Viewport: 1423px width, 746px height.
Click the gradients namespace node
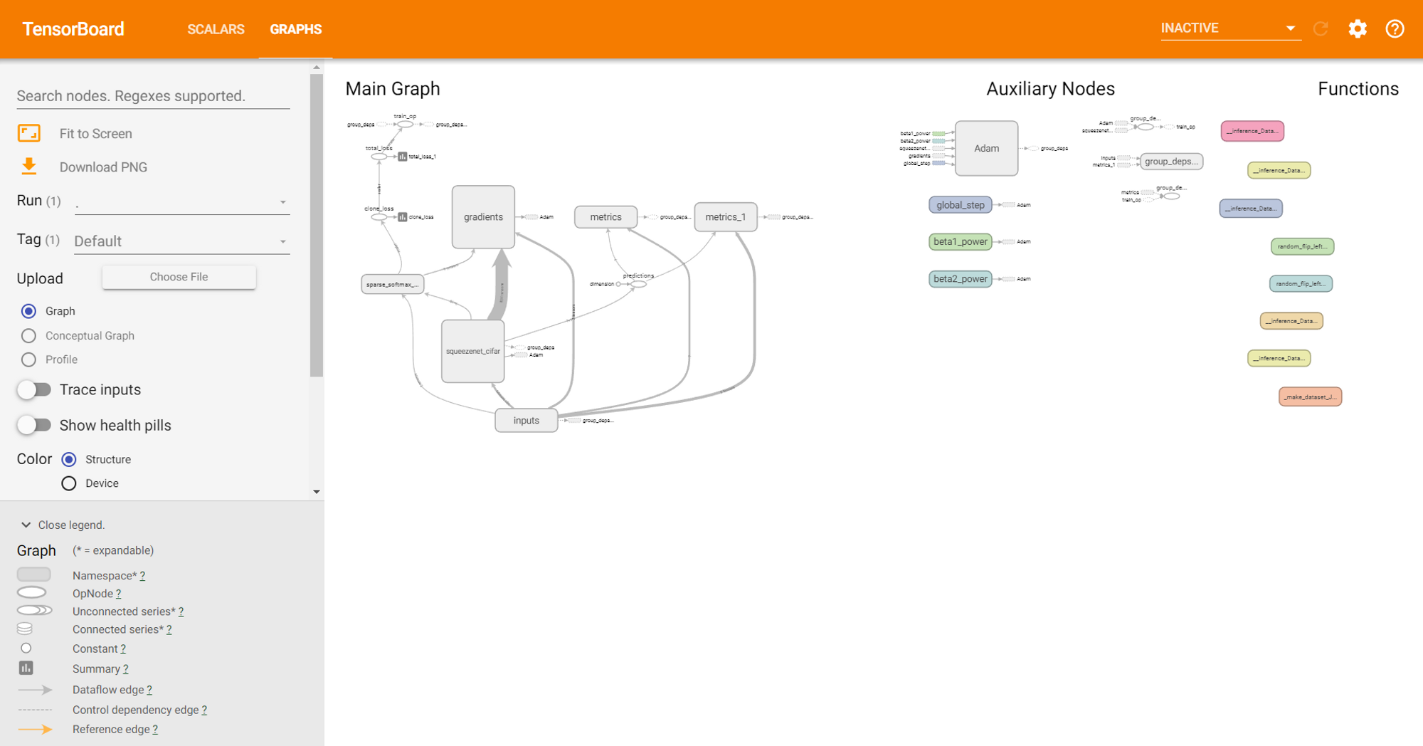point(483,217)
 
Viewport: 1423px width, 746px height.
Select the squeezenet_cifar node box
point(472,351)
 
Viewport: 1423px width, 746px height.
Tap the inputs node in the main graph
point(526,421)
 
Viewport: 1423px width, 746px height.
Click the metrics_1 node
point(725,217)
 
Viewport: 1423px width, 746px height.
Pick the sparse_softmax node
point(392,284)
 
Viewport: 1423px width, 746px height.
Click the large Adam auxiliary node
point(986,148)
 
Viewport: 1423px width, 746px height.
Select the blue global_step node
point(960,205)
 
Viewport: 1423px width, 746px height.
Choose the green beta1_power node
point(960,242)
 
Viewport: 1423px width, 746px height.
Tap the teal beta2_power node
point(960,279)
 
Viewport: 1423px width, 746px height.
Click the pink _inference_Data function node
point(1252,131)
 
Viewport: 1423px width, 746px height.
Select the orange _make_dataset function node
point(1310,396)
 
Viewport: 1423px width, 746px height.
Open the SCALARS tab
point(216,29)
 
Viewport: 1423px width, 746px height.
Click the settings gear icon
point(1358,28)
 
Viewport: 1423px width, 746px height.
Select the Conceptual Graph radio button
point(28,335)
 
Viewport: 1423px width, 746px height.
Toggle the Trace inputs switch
point(34,389)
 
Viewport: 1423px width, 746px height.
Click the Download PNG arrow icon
point(28,167)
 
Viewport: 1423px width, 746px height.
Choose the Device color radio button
point(69,483)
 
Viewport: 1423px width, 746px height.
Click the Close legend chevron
point(26,525)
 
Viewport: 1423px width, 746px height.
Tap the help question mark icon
point(1395,28)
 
